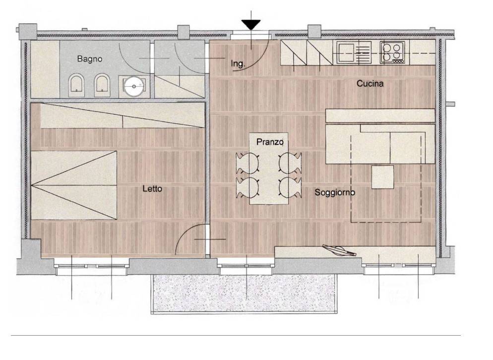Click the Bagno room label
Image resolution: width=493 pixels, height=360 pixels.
(90, 59)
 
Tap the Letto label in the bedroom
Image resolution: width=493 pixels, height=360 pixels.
(152, 188)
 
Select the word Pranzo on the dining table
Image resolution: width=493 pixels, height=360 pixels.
(270, 142)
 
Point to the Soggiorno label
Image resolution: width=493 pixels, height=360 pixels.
(335, 192)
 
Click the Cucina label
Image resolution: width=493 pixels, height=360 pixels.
(370, 84)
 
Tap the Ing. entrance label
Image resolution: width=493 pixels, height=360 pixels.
(238, 64)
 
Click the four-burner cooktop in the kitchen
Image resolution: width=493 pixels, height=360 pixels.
(392, 52)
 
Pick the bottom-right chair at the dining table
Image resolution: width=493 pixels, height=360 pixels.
(290, 188)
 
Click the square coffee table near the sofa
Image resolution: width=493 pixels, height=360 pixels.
(382, 177)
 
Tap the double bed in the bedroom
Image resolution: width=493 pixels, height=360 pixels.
(74, 185)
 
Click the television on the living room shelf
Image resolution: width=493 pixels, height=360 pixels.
(339, 250)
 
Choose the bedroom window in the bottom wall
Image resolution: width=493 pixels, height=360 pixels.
(92, 266)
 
